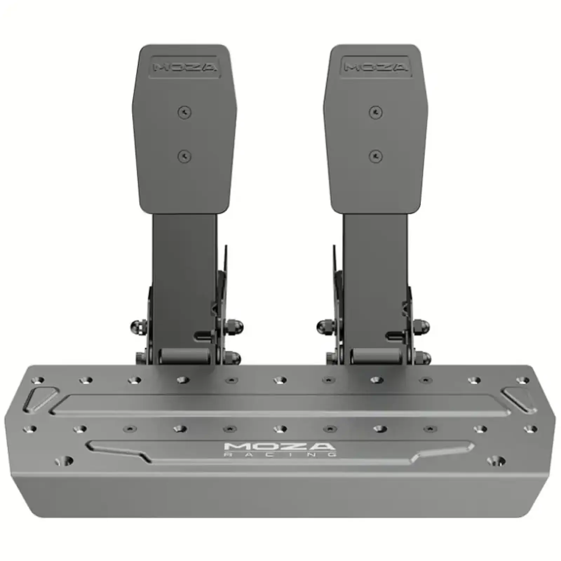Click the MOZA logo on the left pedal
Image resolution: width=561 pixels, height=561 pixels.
(185, 67)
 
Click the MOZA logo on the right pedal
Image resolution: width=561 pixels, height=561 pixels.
(376, 67)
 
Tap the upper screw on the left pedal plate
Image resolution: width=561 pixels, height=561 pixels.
(185, 112)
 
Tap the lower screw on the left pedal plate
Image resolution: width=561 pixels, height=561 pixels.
(185, 156)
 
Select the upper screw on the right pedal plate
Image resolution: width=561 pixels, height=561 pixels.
(376, 112)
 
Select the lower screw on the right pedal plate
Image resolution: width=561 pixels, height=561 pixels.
(376, 156)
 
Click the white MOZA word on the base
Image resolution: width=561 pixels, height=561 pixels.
(279, 446)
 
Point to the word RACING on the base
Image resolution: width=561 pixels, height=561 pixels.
(280, 454)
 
